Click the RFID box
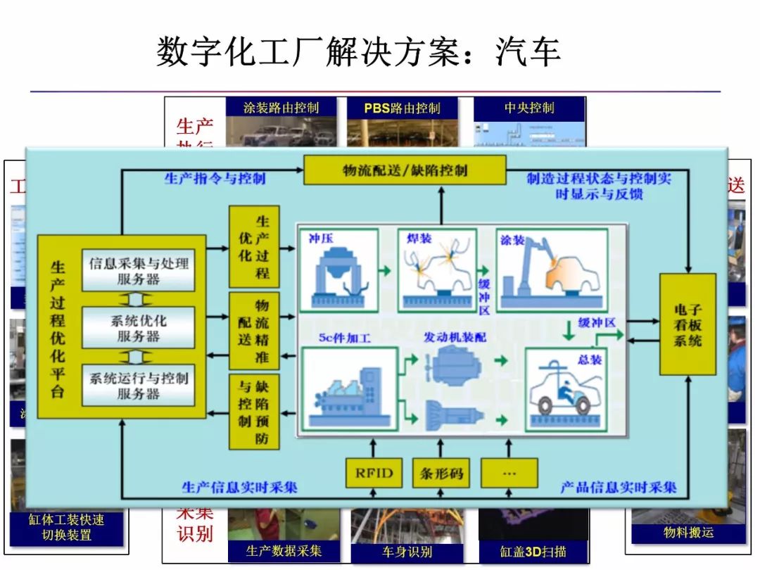(x=374, y=473)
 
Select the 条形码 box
(x=442, y=473)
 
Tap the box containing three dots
(x=509, y=473)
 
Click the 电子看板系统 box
(x=688, y=324)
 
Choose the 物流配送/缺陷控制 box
(x=405, y=170)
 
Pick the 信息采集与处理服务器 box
(x=139, y=270)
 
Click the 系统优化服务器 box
(x=139, y=327)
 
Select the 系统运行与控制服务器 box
(x=139, y=385)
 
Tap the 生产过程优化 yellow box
(x=254, y=246)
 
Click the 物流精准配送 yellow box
(x=254, y=331)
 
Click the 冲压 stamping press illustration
(x=338, y=271)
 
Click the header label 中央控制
(x=529, y=108)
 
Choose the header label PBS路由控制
(x=402, y=108)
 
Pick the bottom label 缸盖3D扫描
(x=533, y=552)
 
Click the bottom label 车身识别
(x=407, y=552)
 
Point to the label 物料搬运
(x=688, y=533)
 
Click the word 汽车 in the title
(x=528, y=53)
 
